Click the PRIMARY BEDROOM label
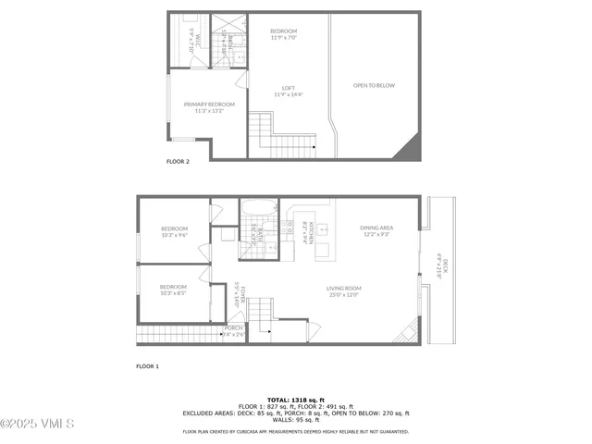[209, 104]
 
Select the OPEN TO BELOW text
[374, 85]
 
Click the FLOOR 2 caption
[178, 161]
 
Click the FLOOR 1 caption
[148, 366]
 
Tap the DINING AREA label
[377, 228]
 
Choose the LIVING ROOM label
[342, 289]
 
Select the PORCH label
[234, 327]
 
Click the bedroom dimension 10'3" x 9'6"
[174, 235]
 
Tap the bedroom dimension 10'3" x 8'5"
[173, 293]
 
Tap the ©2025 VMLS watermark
[38, 424]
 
